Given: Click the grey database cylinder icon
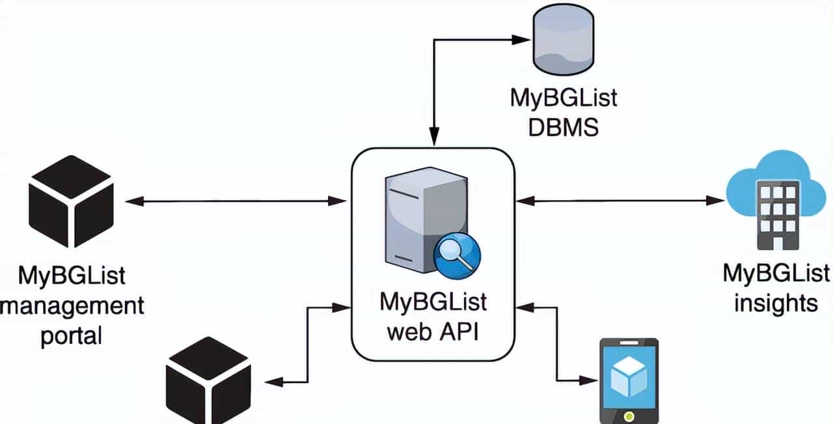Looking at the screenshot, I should pos(563,42).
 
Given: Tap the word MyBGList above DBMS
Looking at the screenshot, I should pos(563,99).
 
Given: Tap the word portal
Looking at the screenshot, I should pos(72,336).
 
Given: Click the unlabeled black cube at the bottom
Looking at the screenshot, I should pos(208,382).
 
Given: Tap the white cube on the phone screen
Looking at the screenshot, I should pos(628,377).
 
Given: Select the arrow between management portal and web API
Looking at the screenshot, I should pos(236,202).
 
